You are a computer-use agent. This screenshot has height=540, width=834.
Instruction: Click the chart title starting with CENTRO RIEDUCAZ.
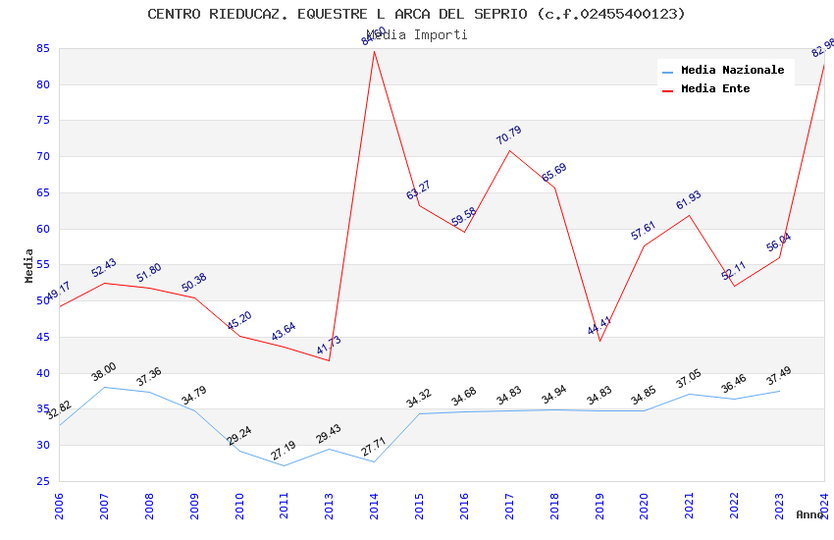416,14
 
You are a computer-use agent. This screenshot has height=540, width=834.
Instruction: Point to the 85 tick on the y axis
43,48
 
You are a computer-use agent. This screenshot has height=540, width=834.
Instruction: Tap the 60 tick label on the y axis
43,229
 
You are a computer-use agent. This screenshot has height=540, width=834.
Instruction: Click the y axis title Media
29,265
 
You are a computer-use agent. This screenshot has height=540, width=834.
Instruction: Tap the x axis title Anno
809,514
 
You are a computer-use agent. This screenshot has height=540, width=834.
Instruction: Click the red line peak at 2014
374,51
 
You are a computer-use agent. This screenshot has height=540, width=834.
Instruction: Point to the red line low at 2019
599,341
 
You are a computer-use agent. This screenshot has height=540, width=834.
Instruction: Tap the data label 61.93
689,201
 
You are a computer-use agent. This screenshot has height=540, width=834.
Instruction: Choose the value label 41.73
329,347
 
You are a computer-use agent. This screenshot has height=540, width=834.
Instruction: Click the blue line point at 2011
285,465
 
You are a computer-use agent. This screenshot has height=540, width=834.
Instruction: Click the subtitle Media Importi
416,35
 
